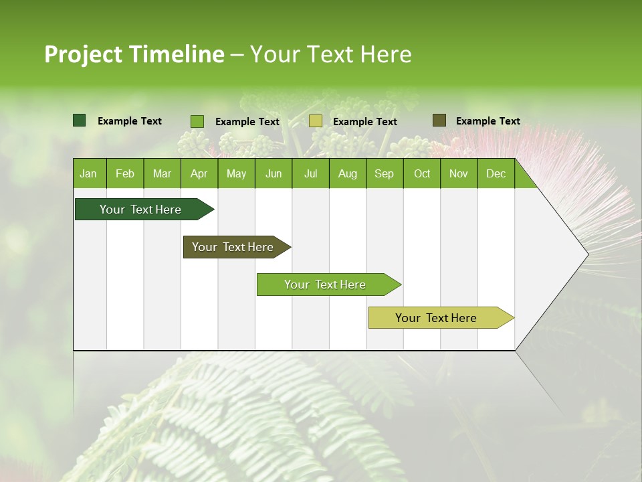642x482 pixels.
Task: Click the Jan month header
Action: (x=88, y=174)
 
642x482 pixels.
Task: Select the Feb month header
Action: (x=125, y=174)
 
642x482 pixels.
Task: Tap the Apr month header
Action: (x=199, y=174)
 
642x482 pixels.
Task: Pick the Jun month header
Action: (x=274, y=174)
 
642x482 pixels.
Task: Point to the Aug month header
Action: (x=348, y=174)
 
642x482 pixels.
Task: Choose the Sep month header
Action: (x=384, y=174)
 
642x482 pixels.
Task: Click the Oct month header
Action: (x=422, y=174)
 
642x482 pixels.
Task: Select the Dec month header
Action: (x=496, y=174)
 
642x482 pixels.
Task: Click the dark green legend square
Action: (x=79, y=120)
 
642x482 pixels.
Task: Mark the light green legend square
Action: (x=197, y=121)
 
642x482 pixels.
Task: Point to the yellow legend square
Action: (x=316, y=121)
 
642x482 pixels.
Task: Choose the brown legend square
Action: (x=439, y=120)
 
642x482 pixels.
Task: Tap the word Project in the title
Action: (x=83, y=54)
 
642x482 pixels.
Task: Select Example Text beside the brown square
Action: (x=488, y=121)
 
